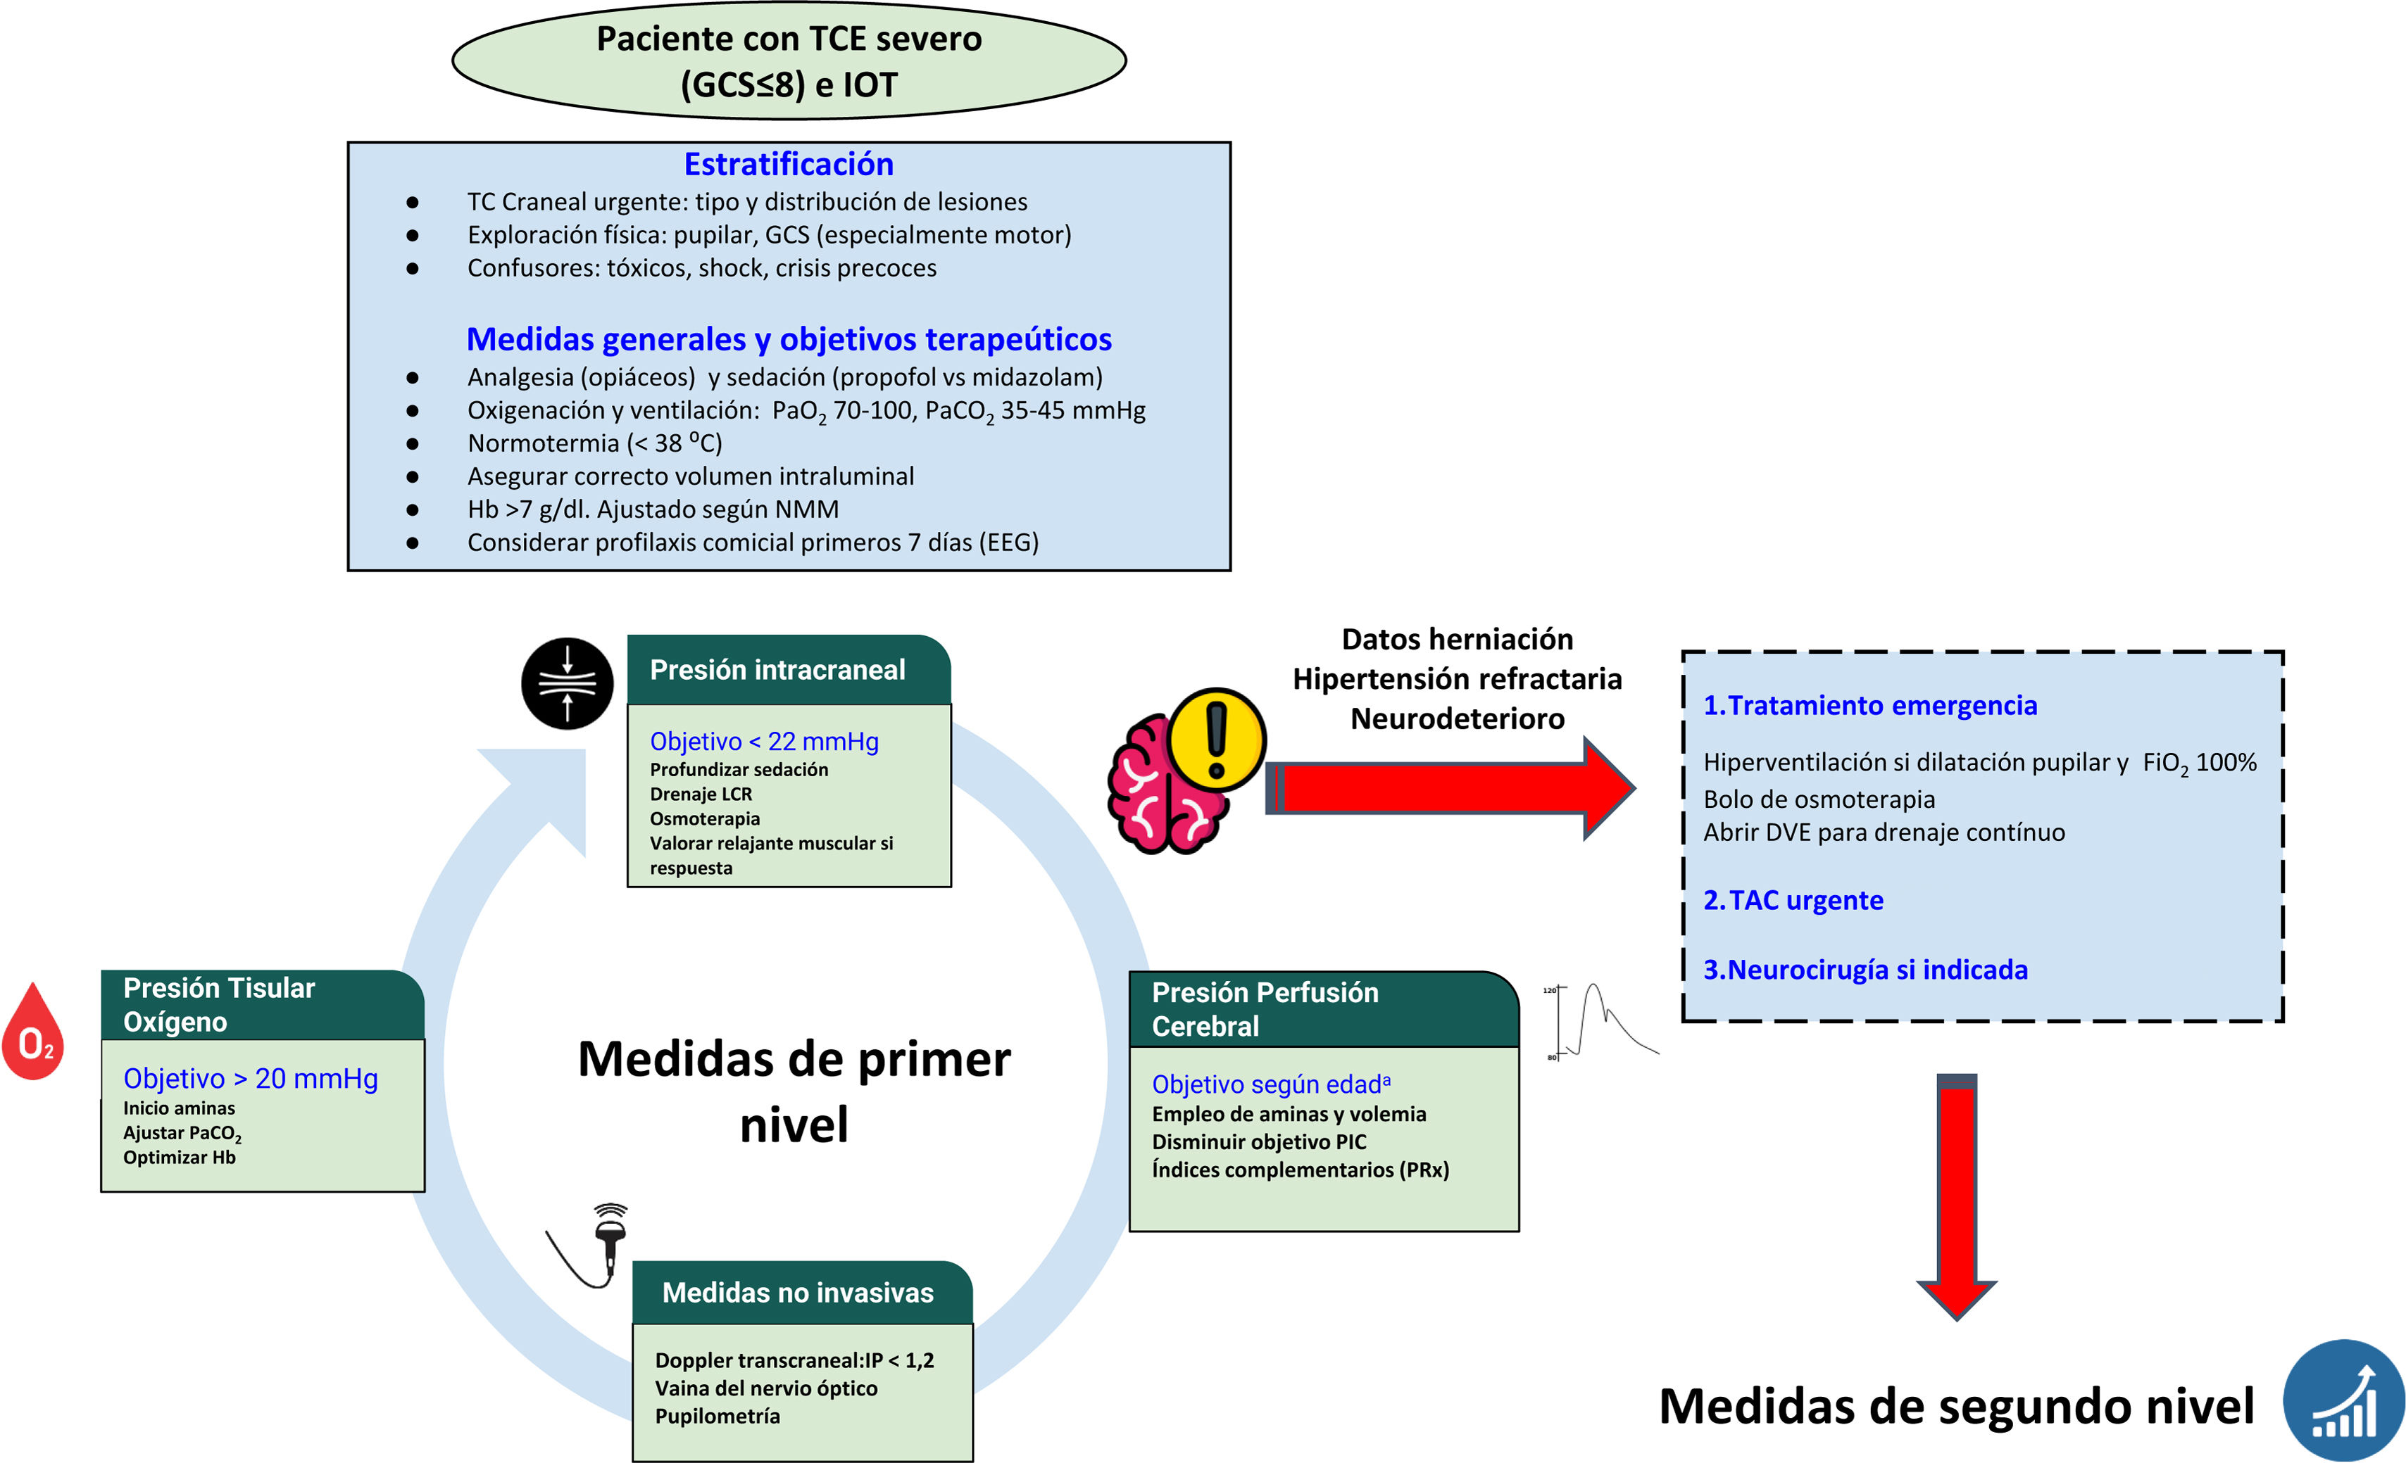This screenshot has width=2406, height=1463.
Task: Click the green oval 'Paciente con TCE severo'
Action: pyautogui.click(x=789, y=61)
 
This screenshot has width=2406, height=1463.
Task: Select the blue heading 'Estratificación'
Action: pyautogui.click(x=789, y=164)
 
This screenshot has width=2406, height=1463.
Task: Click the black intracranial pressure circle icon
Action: pyautogui.click(x=568, y=683)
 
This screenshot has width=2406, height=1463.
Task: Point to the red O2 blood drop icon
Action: pyautogui.click(x=33, y=1031)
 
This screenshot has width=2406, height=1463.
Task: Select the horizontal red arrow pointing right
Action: pyautogui.click(x=1450, y=787)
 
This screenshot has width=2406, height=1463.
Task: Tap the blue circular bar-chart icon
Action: pyautogui.click(x=2343, y=1400)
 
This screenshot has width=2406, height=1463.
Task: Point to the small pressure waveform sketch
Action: pyautogui.click(x=1601, y=1022)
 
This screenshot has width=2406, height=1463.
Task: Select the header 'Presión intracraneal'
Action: pyautogui.click(x=778, y=669)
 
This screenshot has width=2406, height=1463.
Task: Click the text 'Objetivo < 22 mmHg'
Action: pyautogui.click(x=765, y=742)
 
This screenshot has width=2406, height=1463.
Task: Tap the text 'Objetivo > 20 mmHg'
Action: pyautogui.click(x=251, y=1079)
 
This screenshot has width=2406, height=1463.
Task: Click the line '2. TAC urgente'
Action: pyautogui.click(x=1793, y=900)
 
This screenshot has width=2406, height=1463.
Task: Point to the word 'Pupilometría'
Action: pyautogui.click(x=718, y=1416)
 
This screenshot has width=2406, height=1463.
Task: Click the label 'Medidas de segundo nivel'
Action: pyautogui.click(x=1957, y=1407)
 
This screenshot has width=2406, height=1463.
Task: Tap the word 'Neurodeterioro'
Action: pyautogui.click(x=1458, y=718)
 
